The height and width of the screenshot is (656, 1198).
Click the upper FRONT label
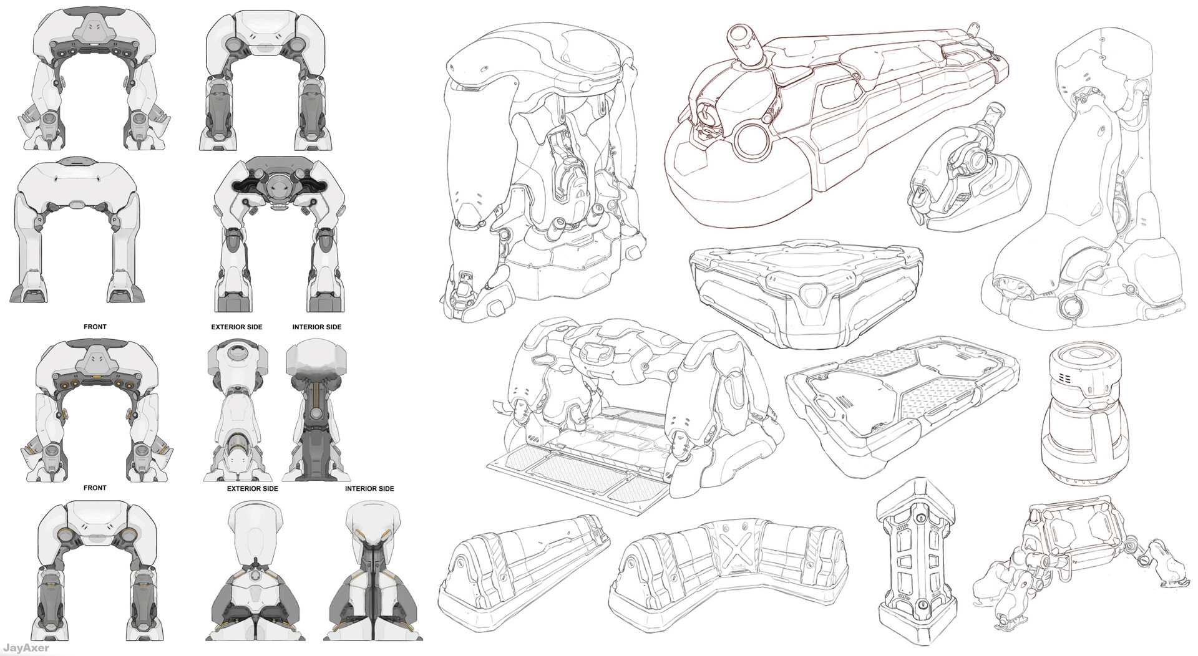click(95, 327)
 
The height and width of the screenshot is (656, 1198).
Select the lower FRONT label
click(95, 488)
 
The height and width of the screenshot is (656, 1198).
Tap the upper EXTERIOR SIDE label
click(236, 327)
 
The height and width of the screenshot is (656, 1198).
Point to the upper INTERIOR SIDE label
click(316, 327)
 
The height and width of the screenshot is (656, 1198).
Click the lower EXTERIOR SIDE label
click(252, 489)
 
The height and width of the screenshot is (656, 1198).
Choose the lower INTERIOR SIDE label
click(369, 489)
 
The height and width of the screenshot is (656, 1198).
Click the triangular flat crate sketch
click(805, 293)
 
